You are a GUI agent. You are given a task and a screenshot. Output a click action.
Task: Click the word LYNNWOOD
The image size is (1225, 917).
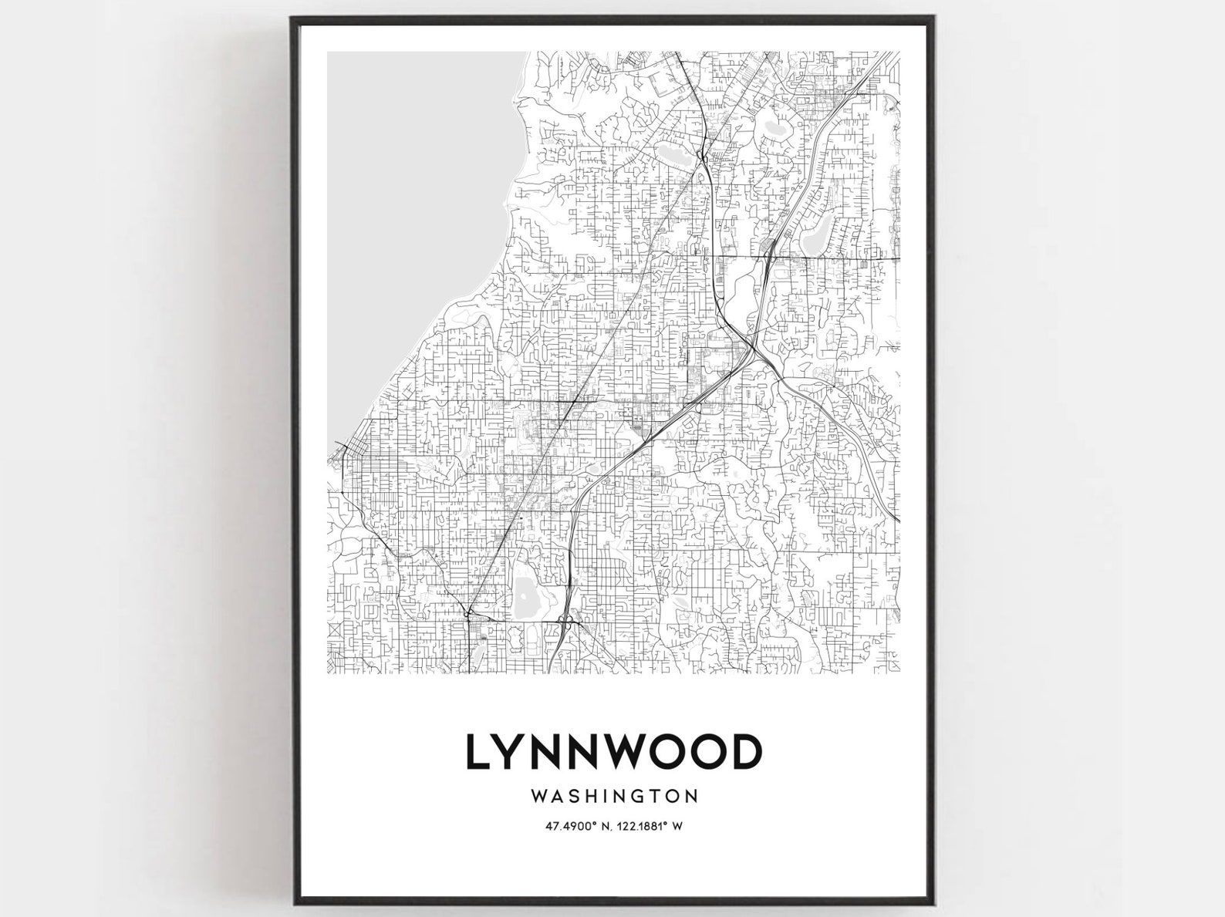tap(612, 752)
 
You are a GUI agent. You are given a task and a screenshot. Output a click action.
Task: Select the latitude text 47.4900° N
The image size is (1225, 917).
tap(573, 826)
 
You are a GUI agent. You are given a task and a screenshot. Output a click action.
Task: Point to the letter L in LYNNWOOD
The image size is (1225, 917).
tap(478, 752)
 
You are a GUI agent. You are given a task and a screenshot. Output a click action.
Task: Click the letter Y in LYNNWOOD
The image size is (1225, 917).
tap(515, 752)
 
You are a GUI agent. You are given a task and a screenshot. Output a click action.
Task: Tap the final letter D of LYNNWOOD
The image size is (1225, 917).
tap(744, 752)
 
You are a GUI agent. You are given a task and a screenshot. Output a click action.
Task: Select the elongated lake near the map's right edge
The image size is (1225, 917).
tap(815, 235)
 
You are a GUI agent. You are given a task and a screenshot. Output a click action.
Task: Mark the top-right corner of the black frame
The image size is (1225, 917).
tap(934, 18)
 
